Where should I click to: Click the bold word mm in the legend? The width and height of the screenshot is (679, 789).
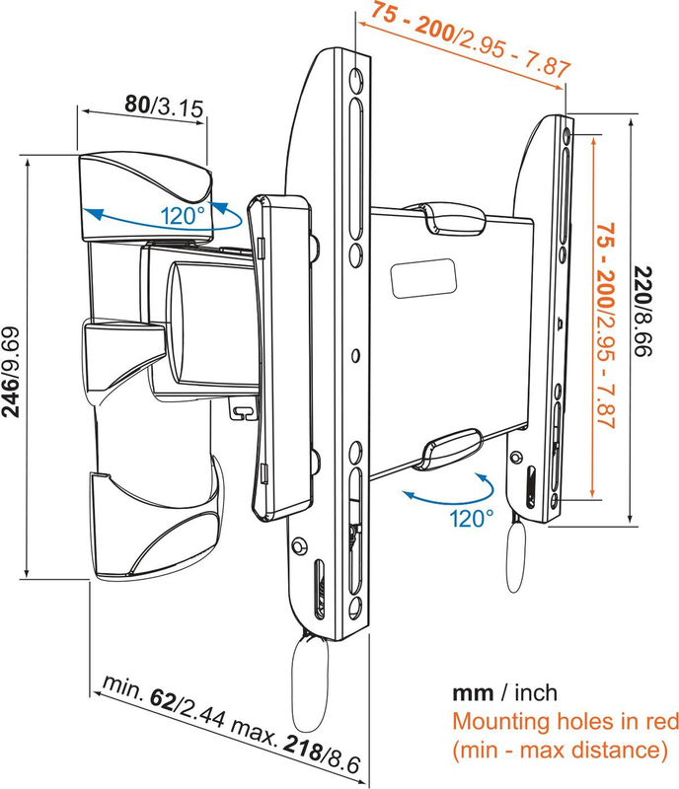click(x=470, y=691)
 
